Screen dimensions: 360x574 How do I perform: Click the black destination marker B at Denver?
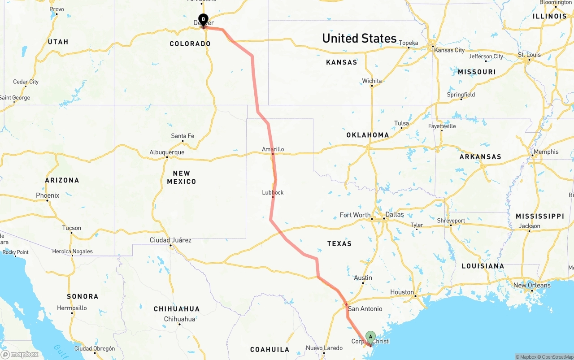tap(203, 20)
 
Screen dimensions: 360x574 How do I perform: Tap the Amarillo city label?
tap(273, 149)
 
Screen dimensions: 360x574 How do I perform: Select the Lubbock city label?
tap(273, 192)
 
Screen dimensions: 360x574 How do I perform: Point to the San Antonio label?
tap(365, 308)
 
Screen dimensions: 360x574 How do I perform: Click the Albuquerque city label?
tap(167, 152)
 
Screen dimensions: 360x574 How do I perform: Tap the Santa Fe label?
tap(183, 136)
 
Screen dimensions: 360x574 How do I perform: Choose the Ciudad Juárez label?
tap(170, 240)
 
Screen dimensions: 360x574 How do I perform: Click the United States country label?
tap(359, 39)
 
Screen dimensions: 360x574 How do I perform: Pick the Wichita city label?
tap(372, 81)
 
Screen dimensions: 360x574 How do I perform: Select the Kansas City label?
tap(449, 50)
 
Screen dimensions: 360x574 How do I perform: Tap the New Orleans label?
tap(532, 285)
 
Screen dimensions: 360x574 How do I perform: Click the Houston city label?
tap(402, 292)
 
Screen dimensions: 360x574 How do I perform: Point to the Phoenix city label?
tap(48, 195)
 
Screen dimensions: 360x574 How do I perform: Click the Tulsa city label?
tap(401, 123)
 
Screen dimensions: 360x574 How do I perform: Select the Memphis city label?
tap(546, 152)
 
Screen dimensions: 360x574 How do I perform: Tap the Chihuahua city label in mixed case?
tap(179, 319)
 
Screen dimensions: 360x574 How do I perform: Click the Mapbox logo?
tap(20, 355)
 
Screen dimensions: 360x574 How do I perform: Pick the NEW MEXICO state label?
tap(182, 178)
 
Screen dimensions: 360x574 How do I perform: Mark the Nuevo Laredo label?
tap(324, 348)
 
